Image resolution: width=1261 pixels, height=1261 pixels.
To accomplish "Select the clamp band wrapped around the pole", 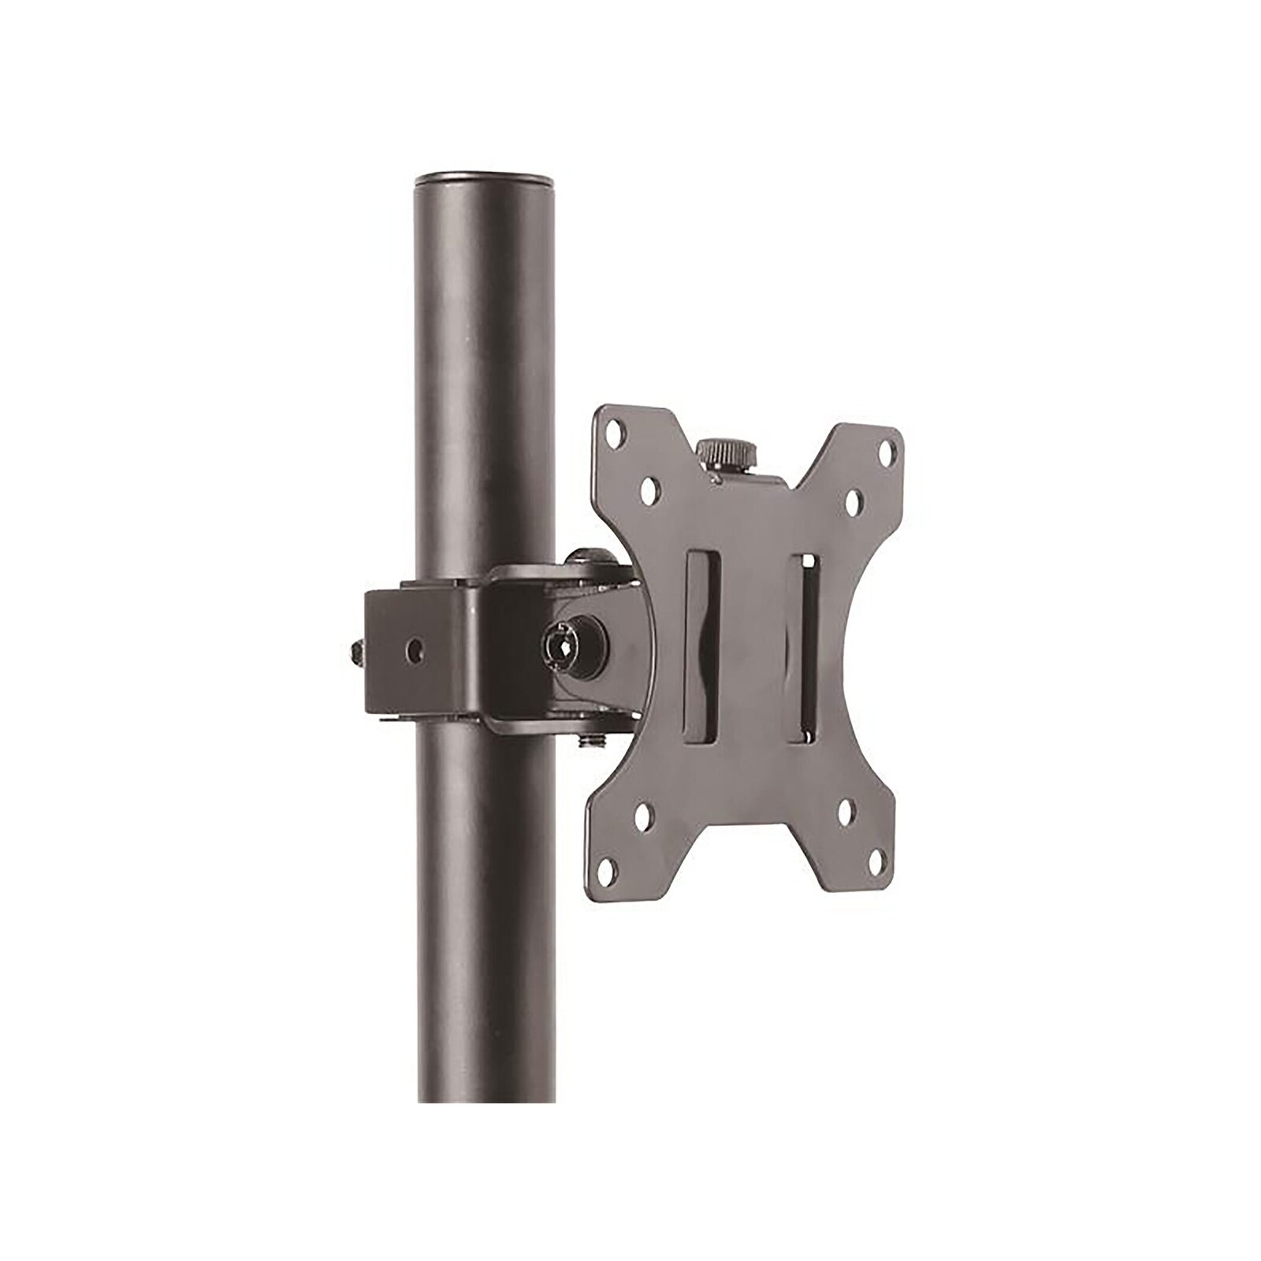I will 426,646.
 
